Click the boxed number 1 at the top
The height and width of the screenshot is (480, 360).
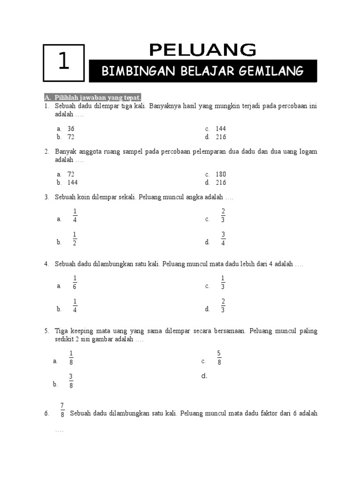[x=64, y=62]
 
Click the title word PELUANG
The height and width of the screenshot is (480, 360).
[x=202, y=50]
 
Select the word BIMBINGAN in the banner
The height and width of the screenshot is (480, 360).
[x=128, y=71]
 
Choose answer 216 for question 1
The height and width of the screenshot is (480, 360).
[x=221, y=137]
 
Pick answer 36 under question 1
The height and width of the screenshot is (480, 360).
[x=71, y=128]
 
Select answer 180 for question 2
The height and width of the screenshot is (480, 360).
[x=221, y=174]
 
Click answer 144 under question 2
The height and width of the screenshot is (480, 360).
[x=73, y=182]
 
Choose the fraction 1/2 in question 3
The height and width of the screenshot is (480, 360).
[x=75, y=239]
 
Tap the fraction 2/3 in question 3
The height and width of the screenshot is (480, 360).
[x=224, y=216]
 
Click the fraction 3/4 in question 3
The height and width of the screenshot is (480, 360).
[x=224, y=239]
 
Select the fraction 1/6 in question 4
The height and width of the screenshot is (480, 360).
[x=75, y=283]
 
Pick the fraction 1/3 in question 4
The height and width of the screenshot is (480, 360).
[x=224, y=283]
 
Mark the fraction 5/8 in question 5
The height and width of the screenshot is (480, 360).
[x=219, y=358]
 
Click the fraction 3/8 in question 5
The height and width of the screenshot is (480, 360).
[x=71, y=381]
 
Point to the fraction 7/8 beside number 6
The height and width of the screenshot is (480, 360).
[x=62, y=410]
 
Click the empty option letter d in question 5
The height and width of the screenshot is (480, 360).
[x=204, y=376]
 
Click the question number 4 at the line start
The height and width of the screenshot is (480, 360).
[x=47, y=264]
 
